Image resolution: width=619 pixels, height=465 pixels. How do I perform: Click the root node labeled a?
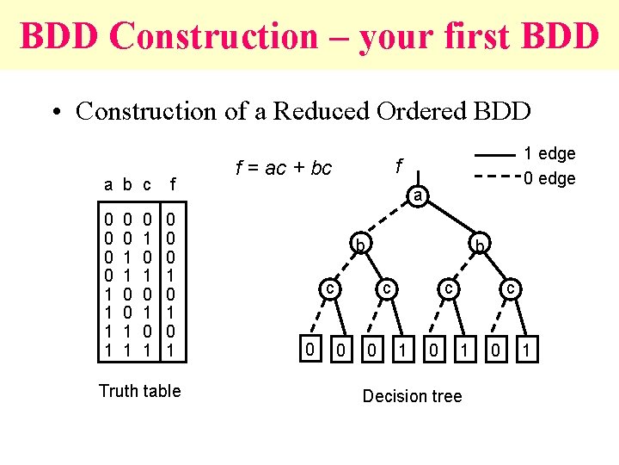pyautogui.click(x=416, y=197)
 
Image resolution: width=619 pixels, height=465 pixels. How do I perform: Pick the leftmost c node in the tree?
pyautogui.click(x=328, y=289)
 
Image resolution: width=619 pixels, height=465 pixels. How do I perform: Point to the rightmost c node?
pyautogui.click(x=510, y=289)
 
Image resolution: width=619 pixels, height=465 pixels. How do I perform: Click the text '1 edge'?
pyautogui.click(x=549, y=154)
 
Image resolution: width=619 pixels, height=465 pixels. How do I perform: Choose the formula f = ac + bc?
pyautogui.click(x=283, y=168)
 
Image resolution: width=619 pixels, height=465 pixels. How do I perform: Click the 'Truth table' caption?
pyautogui.click(x=139, y=391)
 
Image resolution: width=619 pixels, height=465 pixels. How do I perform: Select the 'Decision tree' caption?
pyautogui.click(x=412, y=396)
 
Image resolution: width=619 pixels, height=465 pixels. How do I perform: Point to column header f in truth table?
pyautogui.click(x=173, y=184)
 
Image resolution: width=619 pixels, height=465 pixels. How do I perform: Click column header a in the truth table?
pyautogui.click(x=108, y=184)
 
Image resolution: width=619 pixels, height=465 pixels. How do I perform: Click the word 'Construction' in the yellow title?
pyautogui.click(x=213, y=36)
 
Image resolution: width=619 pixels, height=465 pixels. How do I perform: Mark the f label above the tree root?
pyautogui.click(x=398, y=164)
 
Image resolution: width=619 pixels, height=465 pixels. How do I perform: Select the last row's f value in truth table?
pyautogui.click(x=171, y=350)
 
